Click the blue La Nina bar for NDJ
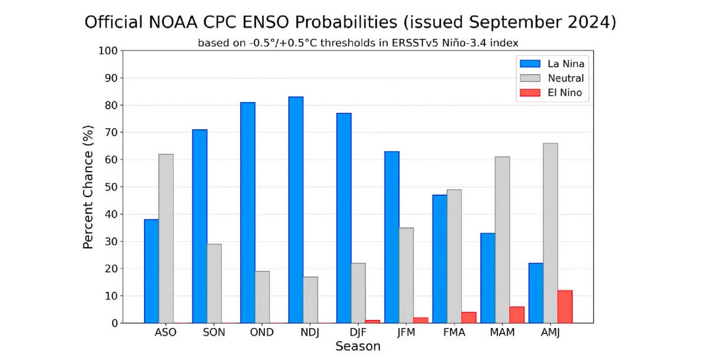click(296, 210)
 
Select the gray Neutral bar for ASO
click(166, 238)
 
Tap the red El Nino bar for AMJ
click(565, 307)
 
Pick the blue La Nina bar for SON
click(199, 226)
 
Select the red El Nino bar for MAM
click(516, 315)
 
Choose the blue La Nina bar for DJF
click(343, 218)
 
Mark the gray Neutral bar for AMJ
click(550, 233)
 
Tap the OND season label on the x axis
click(262, 332)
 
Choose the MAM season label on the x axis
click(502, 332)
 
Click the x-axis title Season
click(358, 346)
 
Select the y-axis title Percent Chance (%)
click(88, 186)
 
